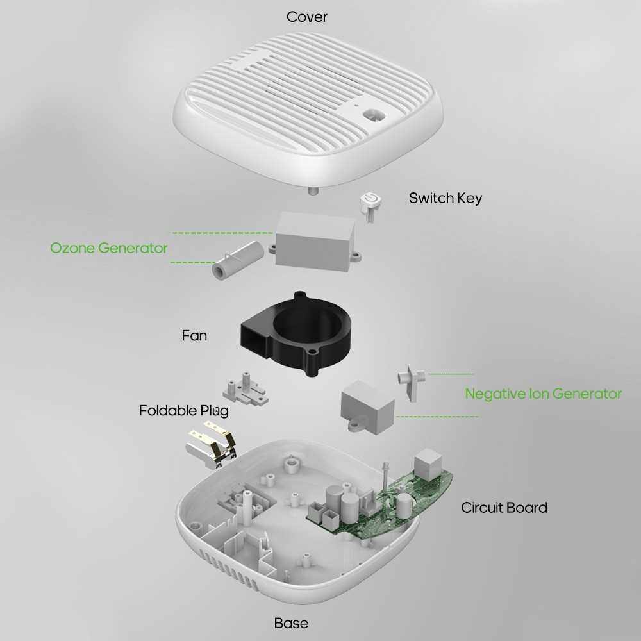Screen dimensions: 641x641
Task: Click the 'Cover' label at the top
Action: coord(306,17)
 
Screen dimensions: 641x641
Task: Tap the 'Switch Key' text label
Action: coord(445,198)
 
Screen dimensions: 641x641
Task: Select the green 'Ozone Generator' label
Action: coord(109,248)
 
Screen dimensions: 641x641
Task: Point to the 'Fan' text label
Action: coord(194,336)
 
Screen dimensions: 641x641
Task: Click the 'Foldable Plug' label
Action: coord(184,410)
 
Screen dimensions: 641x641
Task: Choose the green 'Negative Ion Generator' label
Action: coord(544,394)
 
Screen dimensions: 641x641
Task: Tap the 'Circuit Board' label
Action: coord(504,507)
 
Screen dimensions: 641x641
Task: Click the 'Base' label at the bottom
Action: coord(291,623)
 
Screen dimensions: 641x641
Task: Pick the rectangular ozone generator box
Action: coord(315,241)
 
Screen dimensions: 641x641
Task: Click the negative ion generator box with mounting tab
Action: coord(367,406)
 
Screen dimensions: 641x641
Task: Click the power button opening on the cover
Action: coord(373,115)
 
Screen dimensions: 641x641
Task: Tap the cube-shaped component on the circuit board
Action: coord(428,464)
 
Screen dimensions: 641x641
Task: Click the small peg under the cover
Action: coord(314,191)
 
